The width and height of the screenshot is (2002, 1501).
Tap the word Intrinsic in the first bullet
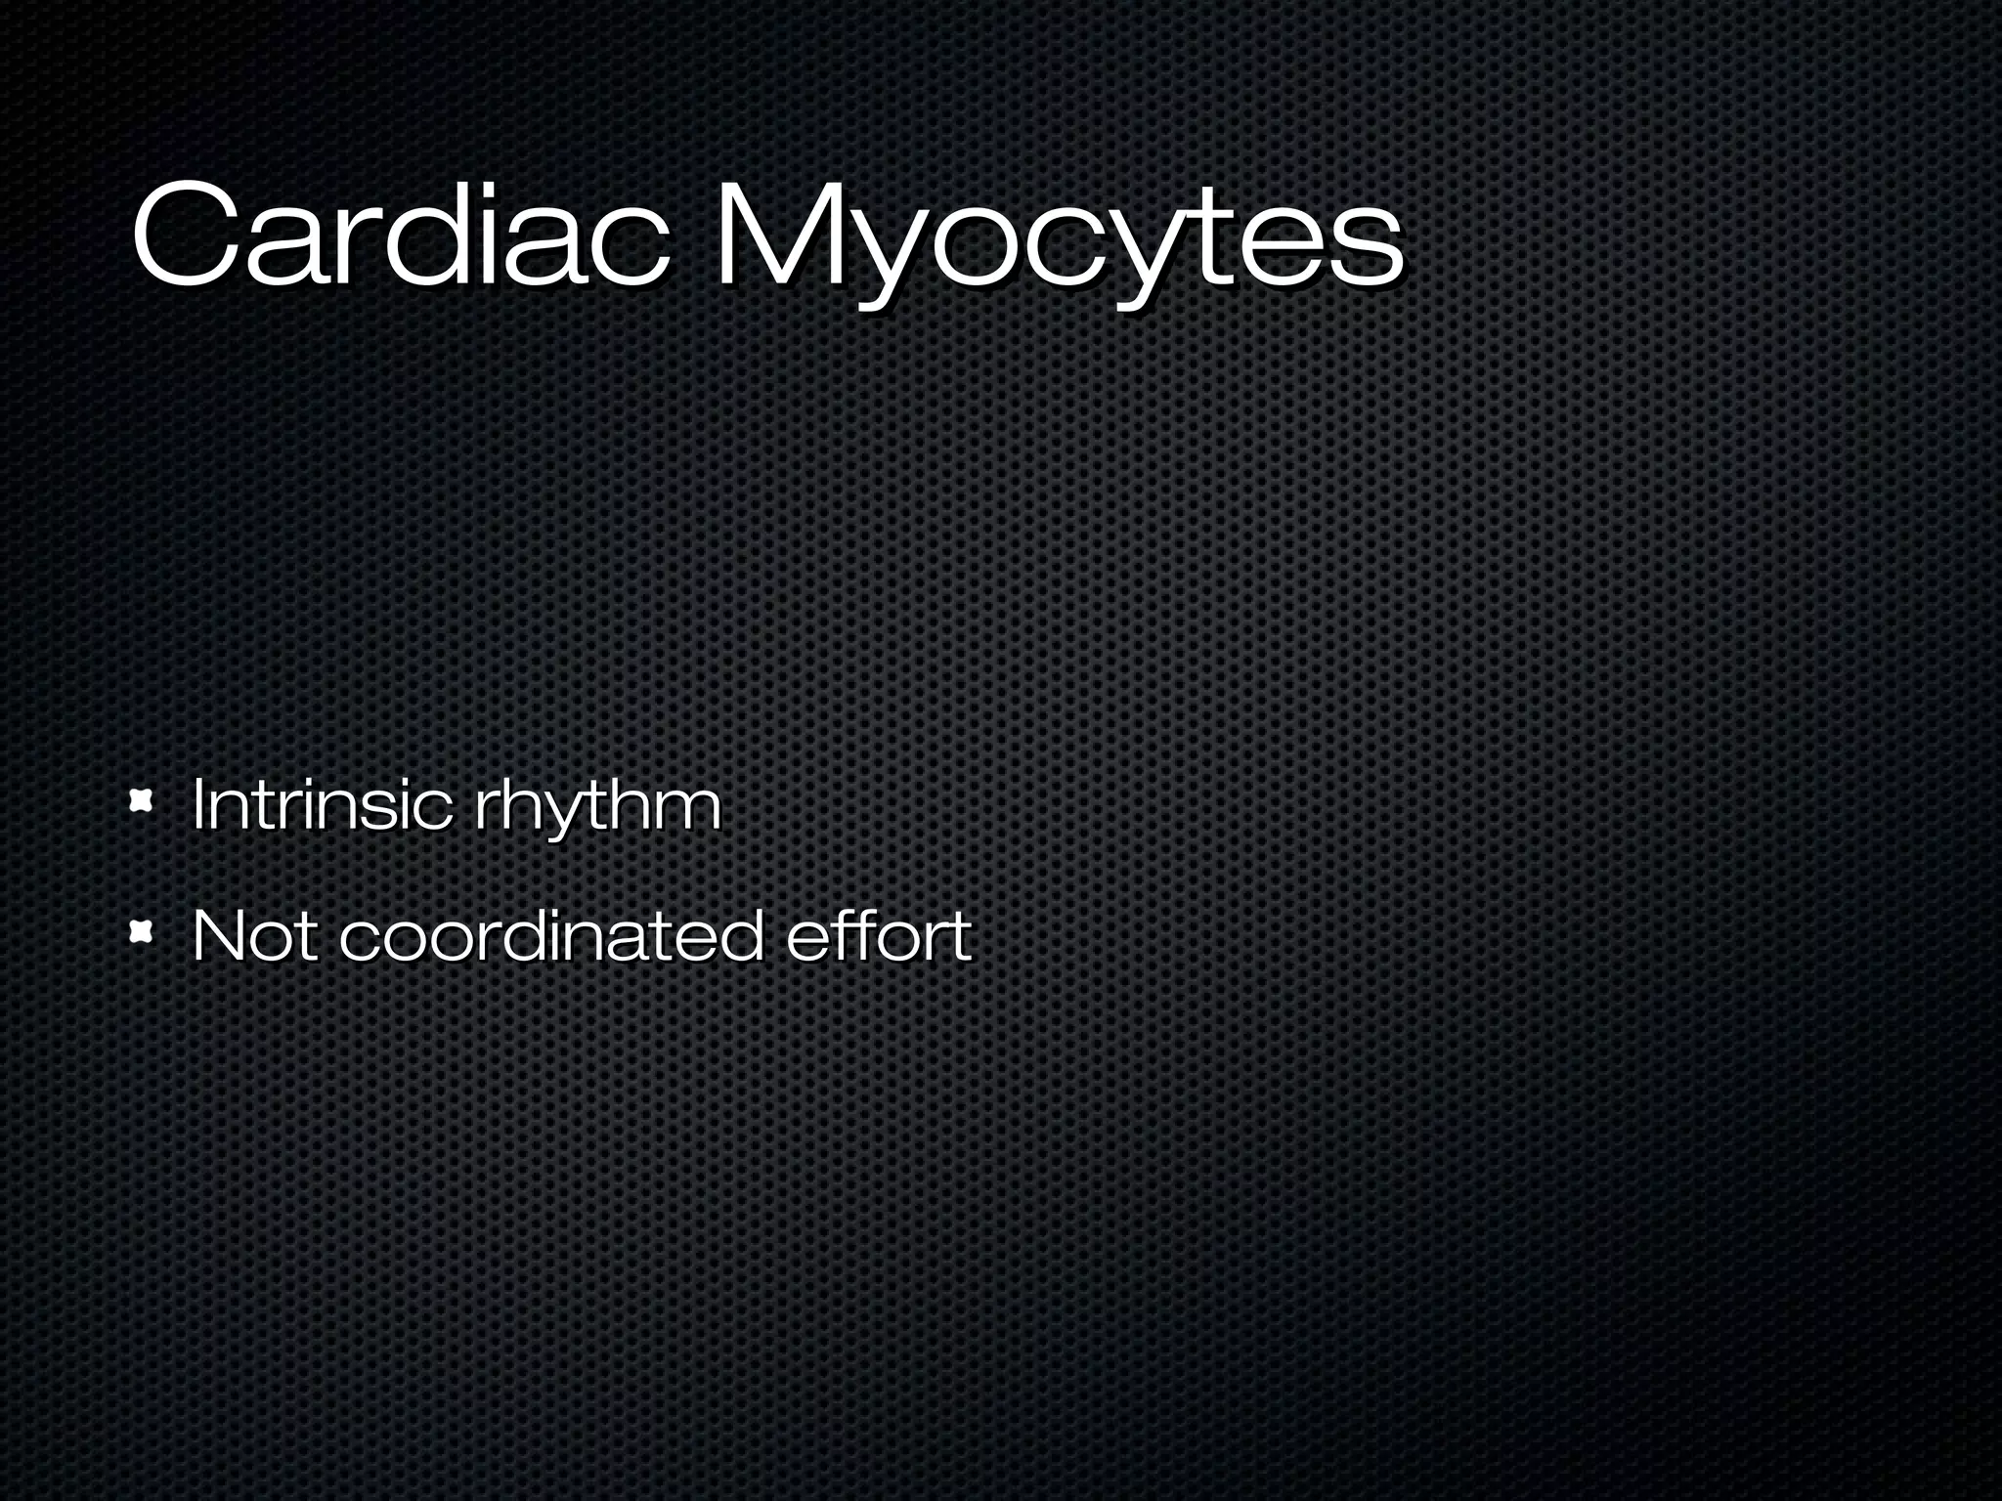coord(323,805)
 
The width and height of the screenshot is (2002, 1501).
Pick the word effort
coord(879,935)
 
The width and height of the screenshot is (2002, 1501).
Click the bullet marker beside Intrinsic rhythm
coord(143,803)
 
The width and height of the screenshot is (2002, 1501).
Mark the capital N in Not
coord(217,935)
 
